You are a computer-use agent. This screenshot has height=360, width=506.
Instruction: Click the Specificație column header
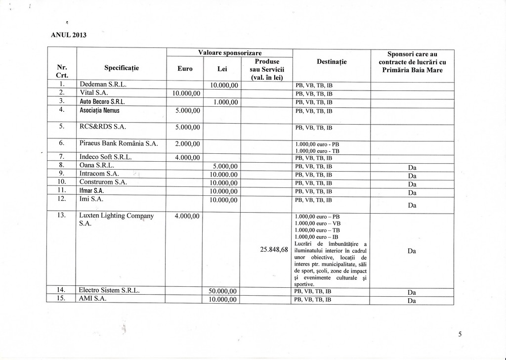tap(122, 68)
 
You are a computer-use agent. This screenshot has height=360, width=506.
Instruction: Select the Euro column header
tap(185, 69)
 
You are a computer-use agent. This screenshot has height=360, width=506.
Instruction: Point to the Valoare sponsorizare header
tap(230, 53)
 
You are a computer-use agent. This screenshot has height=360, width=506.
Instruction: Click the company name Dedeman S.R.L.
tap(103, 85)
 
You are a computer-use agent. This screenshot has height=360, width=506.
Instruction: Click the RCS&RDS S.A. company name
tap(103, 127)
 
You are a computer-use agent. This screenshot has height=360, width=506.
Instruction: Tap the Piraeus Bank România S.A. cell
tap(119, 143)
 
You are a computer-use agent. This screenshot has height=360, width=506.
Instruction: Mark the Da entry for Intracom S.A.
tap(412, 175)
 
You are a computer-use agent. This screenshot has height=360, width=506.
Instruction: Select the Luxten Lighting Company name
tap(117, 220)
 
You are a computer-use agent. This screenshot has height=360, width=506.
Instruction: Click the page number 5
tap(460, 334)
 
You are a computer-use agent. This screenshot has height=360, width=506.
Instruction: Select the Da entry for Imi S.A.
tap(412, 205)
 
